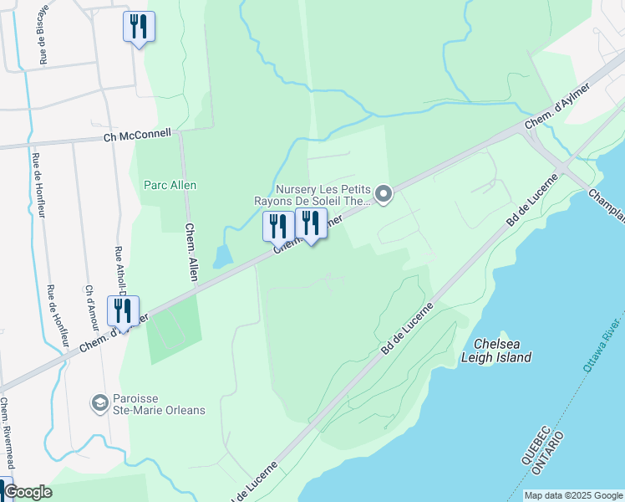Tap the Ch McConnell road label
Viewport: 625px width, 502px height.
[137, 136]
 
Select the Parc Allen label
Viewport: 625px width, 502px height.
[170, 185]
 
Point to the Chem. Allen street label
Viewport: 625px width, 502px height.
[191, 251]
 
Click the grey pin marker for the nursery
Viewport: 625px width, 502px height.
[384, 194]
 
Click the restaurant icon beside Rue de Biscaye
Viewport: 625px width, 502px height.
[138, 27]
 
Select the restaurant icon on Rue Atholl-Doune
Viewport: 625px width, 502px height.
[123, 311]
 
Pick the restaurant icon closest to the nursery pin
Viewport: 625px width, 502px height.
[311, 223]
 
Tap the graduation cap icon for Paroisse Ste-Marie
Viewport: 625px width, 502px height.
[100, 403]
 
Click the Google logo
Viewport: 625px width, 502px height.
[27, 492]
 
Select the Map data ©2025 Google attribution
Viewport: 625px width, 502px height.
[573, 495]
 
